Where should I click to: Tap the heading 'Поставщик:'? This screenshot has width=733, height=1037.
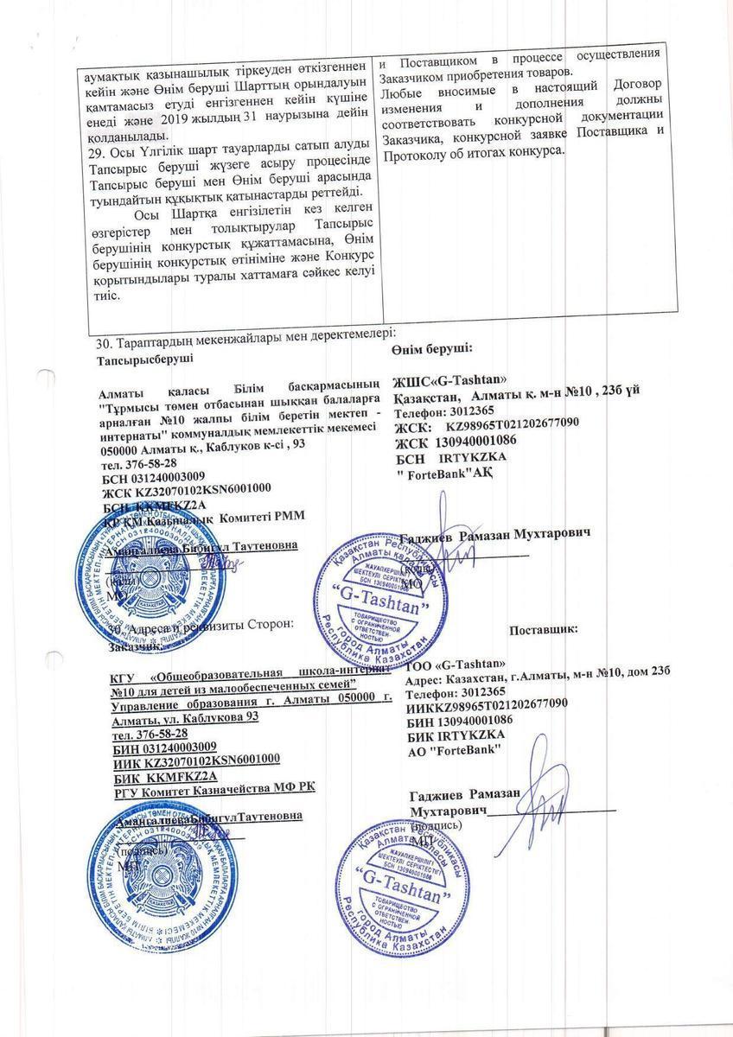[x=544, y=631]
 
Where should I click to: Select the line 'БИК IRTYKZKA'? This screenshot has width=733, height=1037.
[x=456, y=734]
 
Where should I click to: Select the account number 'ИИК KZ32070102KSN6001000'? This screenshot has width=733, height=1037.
[x=195, y=760]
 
